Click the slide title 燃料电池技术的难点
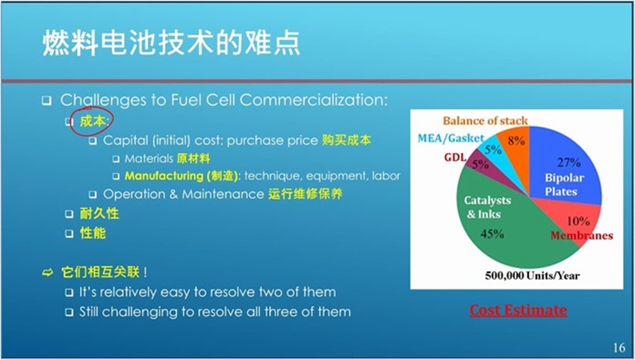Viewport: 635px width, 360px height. click(171, 43)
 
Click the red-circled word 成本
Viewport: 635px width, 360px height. click(93, 121)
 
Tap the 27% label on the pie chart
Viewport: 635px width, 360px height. click(569, 162)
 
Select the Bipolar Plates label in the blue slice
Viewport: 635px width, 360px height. click(564, 184)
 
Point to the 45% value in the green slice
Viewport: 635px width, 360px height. click(492, 234)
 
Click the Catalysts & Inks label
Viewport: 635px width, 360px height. click(487, 207)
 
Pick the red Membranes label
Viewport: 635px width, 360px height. click(581, 236)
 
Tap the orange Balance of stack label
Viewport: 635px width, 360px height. click(485, 121)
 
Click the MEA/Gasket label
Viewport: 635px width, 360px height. click(450, 138)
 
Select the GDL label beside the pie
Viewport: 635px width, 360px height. click(455, 157)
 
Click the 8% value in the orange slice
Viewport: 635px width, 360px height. click(516, 140)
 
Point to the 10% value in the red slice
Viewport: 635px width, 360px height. click(578, 221)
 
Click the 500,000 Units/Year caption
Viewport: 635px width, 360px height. click(532, 276)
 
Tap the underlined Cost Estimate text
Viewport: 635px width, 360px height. click(518, 310)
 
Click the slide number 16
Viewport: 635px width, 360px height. click(619, 347)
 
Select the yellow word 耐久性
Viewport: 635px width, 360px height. click(99, 214)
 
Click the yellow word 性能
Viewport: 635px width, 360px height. click(93, 233)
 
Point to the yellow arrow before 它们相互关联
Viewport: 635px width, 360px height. click(48, 273)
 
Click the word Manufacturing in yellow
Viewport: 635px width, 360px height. click(164, 176)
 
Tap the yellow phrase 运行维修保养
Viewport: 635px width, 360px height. click(306, 194)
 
